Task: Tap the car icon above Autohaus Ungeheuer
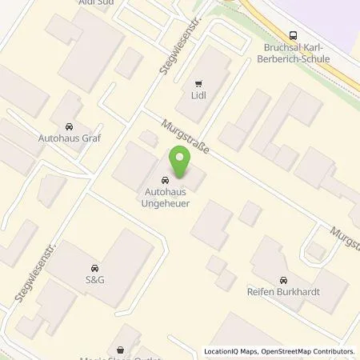point(165,180)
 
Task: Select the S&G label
point(96,280)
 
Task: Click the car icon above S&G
point(96,267)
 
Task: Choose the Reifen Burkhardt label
point(283,292)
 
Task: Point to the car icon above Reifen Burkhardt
point(283,279)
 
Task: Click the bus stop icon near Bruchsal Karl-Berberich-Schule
point(293,34)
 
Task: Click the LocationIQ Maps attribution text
point(230,351)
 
